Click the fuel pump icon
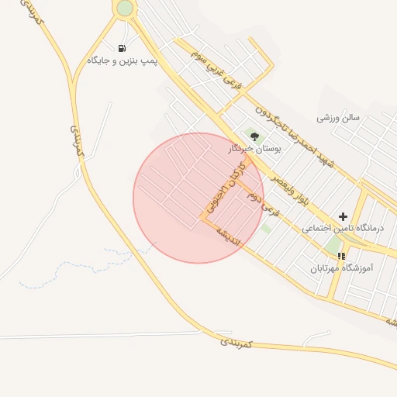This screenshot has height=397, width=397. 122,49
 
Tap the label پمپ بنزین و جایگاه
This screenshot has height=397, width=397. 123,60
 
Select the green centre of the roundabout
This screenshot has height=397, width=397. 125,8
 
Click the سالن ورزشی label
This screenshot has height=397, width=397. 338,119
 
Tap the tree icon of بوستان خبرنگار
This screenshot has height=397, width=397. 254,136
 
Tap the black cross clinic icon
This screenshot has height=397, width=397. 343,216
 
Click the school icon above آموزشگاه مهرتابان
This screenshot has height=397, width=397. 341,255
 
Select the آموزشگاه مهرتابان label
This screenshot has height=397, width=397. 342,268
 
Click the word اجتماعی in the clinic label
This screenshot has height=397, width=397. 317,229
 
